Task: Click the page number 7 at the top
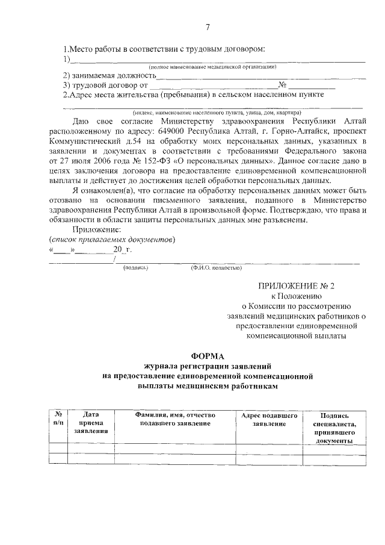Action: click(x=208, y=27)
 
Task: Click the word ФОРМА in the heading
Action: click(x=208, y=356)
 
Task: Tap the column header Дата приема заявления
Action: click(x=91, y=423)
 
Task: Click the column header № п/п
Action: click(x=58, y=419)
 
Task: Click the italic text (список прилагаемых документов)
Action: click(x=112, y=239)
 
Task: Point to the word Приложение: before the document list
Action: click(x=96, y=229)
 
